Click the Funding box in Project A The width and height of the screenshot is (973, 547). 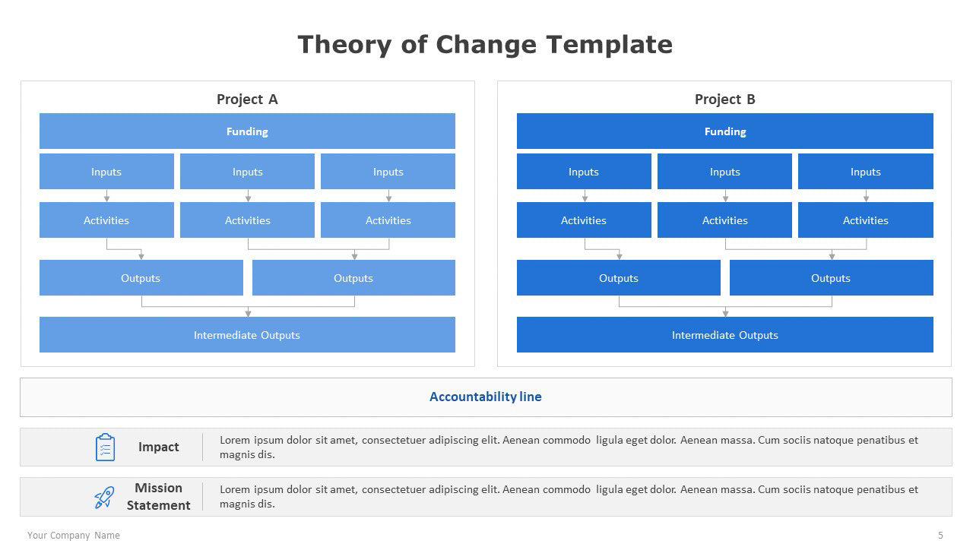(247, 131)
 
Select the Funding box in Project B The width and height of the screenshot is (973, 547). (725, 131)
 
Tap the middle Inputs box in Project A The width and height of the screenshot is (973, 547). (247, 172)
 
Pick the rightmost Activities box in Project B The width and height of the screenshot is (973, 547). (866, 220)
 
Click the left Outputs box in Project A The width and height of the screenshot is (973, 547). (141, 278)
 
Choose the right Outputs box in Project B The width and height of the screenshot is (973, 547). (832, 278)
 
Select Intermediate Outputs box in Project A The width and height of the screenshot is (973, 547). (247, 335)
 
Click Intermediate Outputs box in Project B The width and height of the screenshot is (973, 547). (725, 335)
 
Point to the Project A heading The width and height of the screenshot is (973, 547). (247, 100)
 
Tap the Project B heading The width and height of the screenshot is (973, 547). (725, 100)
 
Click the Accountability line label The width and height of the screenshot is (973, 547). (486, 397)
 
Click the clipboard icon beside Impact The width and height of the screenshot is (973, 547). (105, 447)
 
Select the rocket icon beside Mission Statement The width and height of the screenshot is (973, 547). (104, 497)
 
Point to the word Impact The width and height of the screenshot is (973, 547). (159, 447)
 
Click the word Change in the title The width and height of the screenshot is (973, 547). (486, 45)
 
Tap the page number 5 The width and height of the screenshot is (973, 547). (940, 536)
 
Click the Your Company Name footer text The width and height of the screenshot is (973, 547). (74, 536)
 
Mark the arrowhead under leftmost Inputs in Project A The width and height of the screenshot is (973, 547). (107, 198)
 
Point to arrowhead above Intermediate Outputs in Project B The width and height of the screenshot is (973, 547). (725, 313)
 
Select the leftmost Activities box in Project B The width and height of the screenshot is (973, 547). (584, 220)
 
